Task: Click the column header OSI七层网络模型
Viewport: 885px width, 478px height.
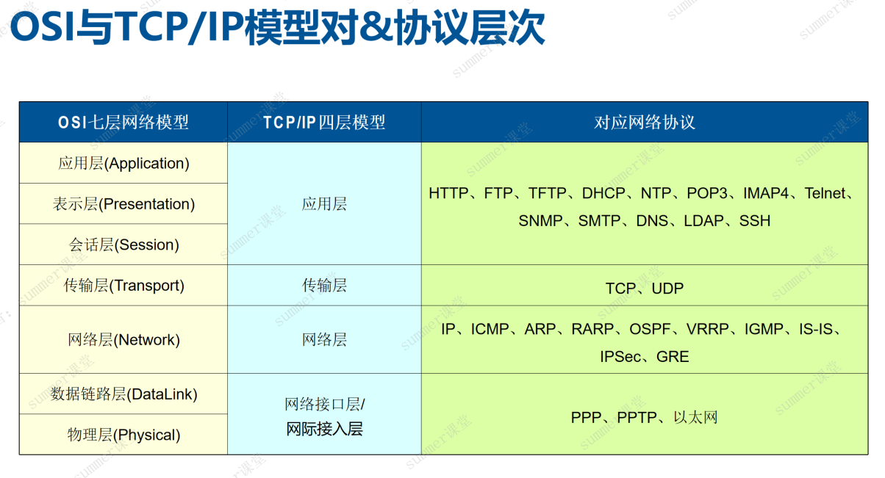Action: [x=123, y=122]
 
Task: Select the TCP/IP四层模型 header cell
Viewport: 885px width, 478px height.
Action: [x=324, y=122]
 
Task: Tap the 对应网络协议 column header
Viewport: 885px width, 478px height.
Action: [x=645, y=122]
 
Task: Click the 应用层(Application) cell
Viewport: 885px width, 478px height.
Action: [x=123, y=163]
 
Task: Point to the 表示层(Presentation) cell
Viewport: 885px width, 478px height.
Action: [x=123, y=204]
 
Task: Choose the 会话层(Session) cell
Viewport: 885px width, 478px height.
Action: [x=123, y=245]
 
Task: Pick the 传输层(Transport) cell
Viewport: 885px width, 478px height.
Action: [x=123, y=286]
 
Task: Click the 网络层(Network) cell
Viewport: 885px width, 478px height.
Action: [x=123, y=340]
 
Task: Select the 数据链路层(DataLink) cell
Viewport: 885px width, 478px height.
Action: [x=123, y=394]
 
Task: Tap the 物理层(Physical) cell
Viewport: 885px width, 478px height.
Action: [x=123, y=435]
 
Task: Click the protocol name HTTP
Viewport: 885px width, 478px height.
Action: [x=448, y=194]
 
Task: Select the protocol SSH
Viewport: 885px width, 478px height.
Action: [x=755, y=221]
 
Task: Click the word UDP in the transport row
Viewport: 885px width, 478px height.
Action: [x=667, y=289]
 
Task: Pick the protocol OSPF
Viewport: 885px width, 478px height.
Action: [x=650, y=330]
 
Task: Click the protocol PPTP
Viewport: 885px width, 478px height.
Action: [x=638, y=418]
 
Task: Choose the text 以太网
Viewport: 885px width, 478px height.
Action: [x=695, y=418]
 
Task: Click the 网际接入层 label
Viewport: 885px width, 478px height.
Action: [x=324, y=430]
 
